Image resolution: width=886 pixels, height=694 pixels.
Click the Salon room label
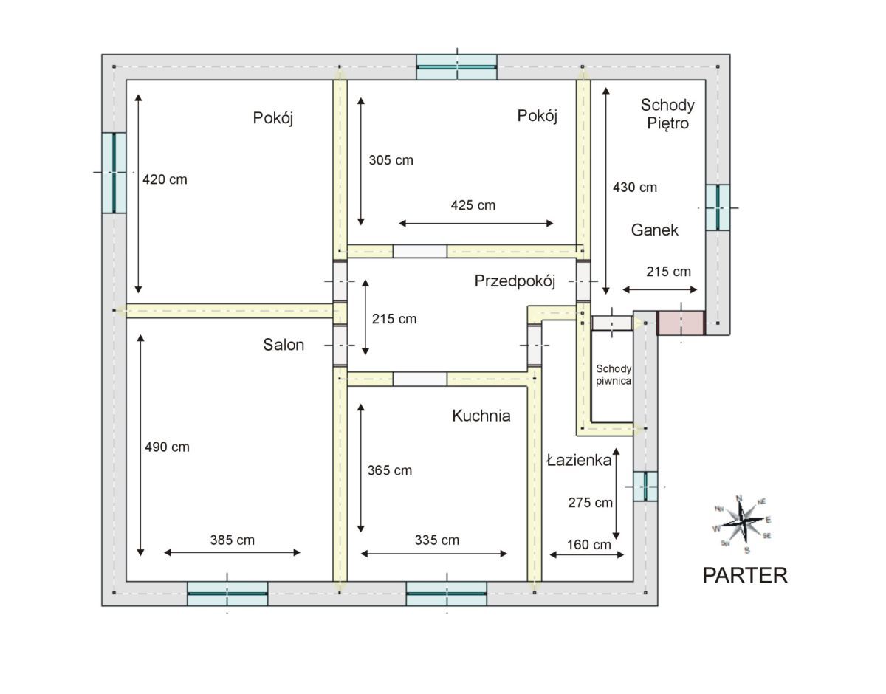284,345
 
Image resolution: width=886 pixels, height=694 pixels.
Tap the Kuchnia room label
481,416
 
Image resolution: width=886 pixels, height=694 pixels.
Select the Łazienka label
579,460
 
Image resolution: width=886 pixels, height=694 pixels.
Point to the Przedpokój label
515,281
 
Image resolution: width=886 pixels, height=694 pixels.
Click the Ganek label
654,230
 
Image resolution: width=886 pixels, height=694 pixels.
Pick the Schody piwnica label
614,375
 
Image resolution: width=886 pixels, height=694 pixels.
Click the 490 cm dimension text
167,447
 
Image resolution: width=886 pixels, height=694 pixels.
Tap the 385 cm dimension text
233,540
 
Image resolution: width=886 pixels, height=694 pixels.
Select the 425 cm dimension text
473,205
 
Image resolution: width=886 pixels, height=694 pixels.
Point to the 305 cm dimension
391,160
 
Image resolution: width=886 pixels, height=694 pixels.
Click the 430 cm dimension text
635,188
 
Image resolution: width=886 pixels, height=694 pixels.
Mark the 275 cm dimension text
591,503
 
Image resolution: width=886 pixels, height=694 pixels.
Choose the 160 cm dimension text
588,544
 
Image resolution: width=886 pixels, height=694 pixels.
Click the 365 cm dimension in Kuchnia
390,471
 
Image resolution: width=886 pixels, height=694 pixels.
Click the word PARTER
745,575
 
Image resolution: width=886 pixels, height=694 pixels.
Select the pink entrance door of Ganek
681,323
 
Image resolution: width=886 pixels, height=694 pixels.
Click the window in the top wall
456,67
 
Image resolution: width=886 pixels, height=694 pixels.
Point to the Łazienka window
645,486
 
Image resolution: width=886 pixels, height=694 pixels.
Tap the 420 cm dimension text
165,179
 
